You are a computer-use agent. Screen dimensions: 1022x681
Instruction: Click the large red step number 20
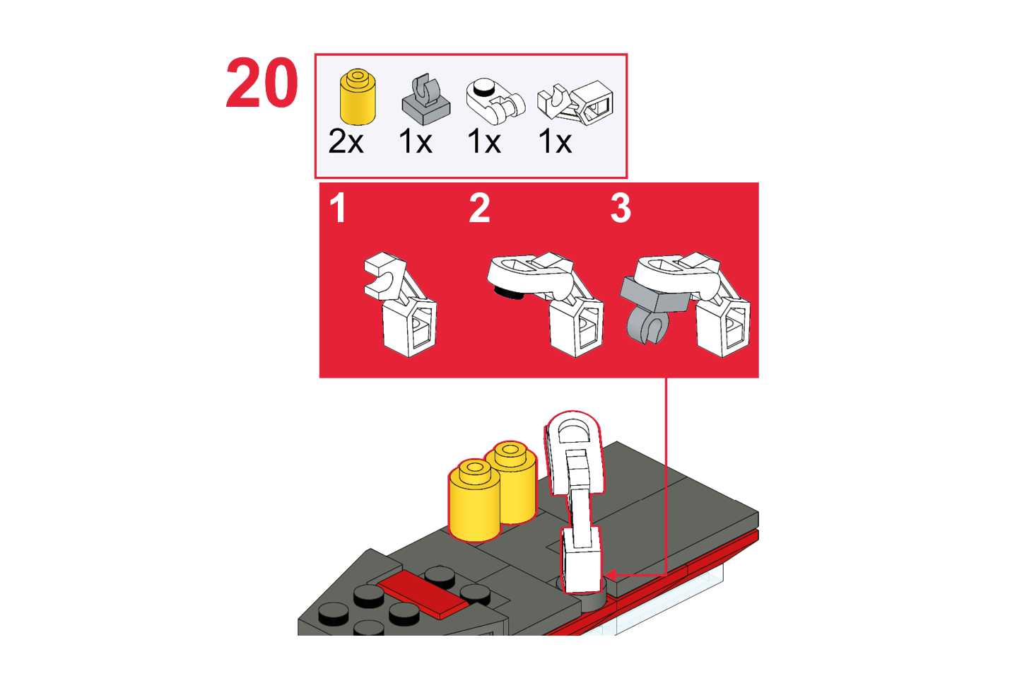[262, 83]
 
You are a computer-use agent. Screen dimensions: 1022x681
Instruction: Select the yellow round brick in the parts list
[358, 97]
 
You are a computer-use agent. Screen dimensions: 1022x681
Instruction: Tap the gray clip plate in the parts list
[425, 99]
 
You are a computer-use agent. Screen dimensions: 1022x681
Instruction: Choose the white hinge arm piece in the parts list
[575, 103]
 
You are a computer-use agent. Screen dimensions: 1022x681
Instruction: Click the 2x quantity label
[346, 141]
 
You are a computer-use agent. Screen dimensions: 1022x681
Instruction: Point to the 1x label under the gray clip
[415, 141]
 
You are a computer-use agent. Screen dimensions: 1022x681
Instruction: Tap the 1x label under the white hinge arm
[554, 141]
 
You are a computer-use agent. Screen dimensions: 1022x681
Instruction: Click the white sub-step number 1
[338, 208]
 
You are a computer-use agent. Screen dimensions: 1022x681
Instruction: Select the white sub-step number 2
[479, 208]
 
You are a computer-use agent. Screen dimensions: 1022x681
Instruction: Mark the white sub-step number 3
[621, 208]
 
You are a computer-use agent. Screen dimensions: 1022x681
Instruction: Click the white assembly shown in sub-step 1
[401, 304]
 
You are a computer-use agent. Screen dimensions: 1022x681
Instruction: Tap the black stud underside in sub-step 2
[507, 293]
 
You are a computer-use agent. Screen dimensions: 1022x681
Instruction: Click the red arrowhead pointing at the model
[611, 575]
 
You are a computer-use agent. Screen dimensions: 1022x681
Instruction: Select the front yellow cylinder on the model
[474, 500]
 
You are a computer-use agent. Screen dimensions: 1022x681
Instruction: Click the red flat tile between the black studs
[423, 595]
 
